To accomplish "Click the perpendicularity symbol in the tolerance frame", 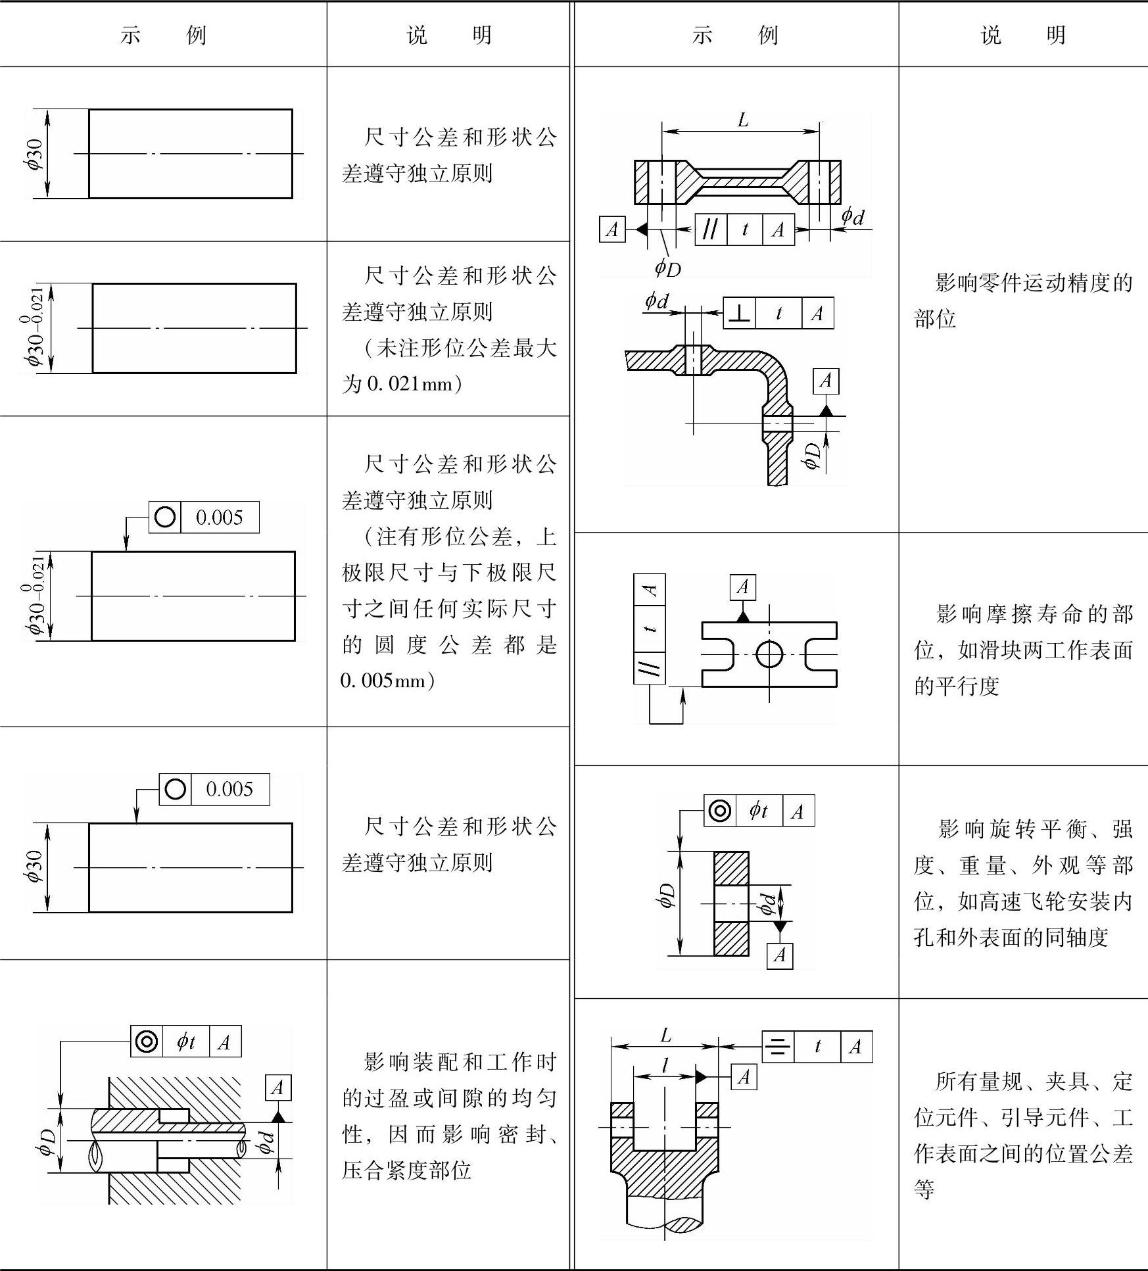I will point(740,314).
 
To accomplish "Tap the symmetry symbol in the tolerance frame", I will point(778,1047).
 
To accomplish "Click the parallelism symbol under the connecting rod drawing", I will point(711,229).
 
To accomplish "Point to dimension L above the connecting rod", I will point(742,120).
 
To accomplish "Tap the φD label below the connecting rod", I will point(667,268).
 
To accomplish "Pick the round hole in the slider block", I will point(769,654).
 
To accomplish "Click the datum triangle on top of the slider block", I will point(743,616).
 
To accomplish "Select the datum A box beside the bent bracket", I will point(826,381).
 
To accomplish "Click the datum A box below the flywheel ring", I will point(780,955).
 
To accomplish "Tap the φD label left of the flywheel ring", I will point(667,896).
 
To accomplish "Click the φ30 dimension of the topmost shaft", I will point(35,154).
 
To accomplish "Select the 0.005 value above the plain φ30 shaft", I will point(229,789).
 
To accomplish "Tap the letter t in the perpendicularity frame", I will point(778,314).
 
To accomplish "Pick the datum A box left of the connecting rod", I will point(612,229).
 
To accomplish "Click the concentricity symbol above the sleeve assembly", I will point(147,1041).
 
